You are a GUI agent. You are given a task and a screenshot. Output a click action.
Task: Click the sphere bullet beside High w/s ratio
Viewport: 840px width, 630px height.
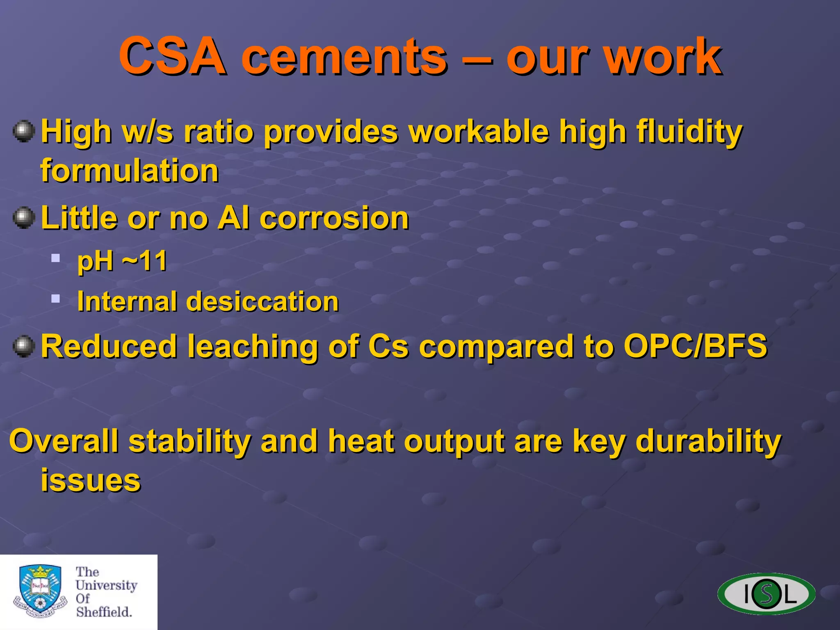[24, 131]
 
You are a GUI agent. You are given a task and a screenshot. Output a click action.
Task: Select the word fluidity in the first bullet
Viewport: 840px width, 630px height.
[689, 132]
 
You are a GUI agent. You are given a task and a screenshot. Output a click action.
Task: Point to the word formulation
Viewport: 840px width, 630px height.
[130, 171]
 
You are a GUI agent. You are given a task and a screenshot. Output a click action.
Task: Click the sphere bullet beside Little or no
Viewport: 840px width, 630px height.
[24, 217]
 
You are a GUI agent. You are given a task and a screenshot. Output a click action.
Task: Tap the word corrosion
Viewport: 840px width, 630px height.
[334, 218]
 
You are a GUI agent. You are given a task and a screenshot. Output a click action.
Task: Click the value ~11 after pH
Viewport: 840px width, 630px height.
[145, 261]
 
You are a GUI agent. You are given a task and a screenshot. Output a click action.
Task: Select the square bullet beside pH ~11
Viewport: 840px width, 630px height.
[56, 258]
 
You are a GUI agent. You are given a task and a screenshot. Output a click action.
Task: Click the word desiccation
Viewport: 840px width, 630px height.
[262, 301]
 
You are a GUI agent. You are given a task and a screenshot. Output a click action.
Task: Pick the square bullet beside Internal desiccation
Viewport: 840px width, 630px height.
[56, 298]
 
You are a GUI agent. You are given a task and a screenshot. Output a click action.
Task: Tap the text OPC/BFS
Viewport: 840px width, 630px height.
[695, 346]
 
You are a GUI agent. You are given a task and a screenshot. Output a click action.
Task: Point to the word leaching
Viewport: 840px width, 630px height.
[253, 347]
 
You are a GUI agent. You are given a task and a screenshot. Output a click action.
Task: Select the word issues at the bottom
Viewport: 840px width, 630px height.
[91, 480]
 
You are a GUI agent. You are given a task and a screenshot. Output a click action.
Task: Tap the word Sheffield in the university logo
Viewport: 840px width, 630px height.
[104, 612]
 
